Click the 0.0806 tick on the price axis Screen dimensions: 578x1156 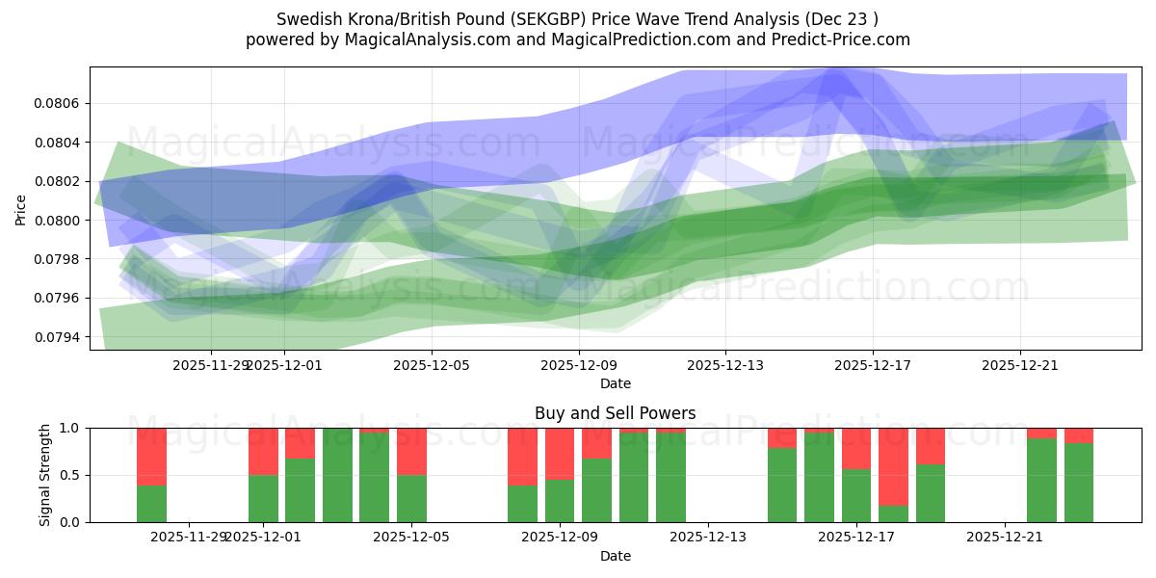(60, 103)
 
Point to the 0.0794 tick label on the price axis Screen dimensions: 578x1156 (60, 337)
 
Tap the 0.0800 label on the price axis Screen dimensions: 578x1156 (60, 221)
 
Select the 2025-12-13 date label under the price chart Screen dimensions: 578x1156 (725, 365)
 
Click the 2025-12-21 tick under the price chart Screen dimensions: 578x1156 (1020, 365)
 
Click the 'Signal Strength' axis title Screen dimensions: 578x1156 (45, 475)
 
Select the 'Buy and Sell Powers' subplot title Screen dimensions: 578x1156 (616, 413)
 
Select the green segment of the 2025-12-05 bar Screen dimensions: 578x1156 (411, 498)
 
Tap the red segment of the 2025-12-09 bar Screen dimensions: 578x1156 (560, 453)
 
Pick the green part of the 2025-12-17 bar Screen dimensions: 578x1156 (856, 495)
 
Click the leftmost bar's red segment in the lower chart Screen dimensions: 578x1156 (151, 456)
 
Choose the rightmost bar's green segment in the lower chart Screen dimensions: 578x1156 (1079, 483)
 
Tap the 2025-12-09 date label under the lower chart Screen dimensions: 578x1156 (560, 536)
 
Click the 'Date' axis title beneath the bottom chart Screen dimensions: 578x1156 (616, 556)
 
